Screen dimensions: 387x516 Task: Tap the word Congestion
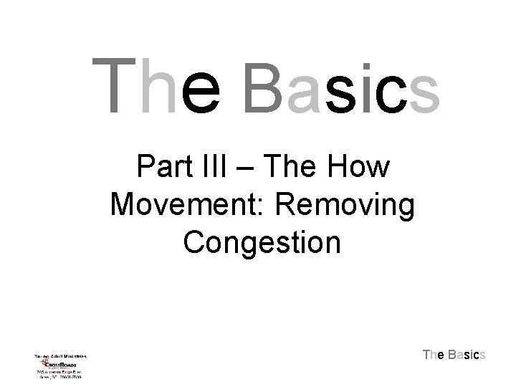(262, 244)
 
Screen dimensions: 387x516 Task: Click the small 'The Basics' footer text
(454, 354)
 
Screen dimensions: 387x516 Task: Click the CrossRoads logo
(60, 363)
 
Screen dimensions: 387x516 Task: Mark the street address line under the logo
(60, 373)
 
